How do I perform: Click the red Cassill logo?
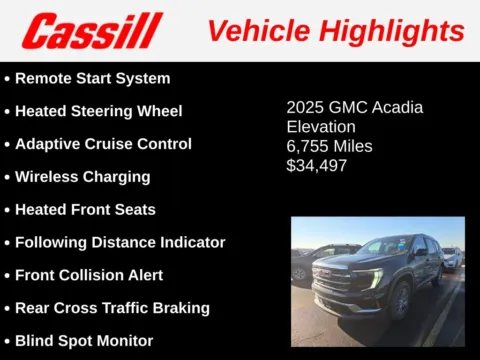coord(92,30)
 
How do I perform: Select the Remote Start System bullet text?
coord(93,78)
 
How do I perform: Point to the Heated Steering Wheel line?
coord(99,111)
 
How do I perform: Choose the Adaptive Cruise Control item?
coord(104,144)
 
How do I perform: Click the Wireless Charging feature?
coord(83,177)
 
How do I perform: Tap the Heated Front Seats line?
coord(86,210)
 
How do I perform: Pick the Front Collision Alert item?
coord(89,275)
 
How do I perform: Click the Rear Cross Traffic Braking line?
coord(112,308)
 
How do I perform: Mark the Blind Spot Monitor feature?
coord(84,341)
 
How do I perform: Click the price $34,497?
coord(317,166)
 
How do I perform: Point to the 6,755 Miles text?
coord(329,146)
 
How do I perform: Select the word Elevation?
coord(320,127)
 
